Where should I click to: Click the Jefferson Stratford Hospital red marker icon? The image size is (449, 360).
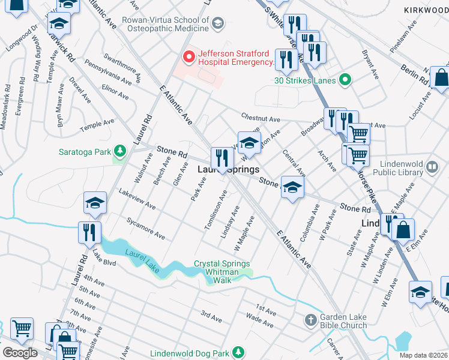[188, 58]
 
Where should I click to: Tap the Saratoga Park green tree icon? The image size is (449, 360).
[120, 151]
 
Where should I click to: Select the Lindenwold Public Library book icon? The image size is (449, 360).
[432, 166]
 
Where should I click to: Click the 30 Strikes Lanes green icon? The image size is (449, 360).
[345, 79]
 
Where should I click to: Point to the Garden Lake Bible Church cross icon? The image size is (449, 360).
[310, 319]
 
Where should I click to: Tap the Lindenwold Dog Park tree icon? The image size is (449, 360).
[238, 351]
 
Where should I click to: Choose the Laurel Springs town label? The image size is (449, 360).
[229, 170]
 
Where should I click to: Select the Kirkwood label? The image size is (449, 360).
[426, 10]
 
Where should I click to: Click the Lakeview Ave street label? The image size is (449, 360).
[137, 200]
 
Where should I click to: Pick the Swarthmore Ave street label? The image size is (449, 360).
[130, 70]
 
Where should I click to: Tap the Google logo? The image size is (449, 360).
[20, 352]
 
